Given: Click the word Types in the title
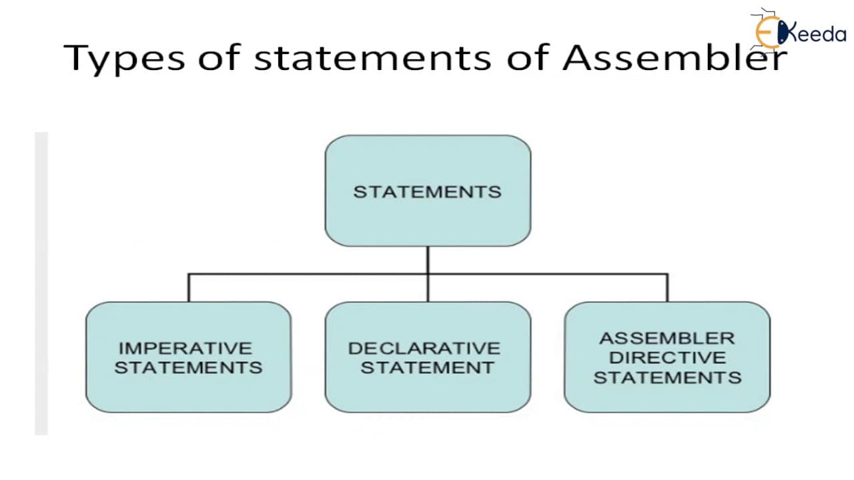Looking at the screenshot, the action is [x=124, y=58].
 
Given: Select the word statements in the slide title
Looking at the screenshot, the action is [x=372, y=58].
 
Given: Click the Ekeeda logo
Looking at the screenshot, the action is [x=799, y=31].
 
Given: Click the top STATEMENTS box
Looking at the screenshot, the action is [x=428, y=191].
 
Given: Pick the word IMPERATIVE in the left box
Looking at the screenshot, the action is [x=185, y=348].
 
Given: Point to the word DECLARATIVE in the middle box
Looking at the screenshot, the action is [x=424, y=348].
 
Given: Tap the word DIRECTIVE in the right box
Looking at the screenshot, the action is [x=668, y=358].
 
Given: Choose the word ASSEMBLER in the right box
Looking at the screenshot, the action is [x=667, y=338].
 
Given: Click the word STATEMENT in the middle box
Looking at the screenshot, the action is [x=428, y=367].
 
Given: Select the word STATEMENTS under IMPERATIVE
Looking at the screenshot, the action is [x=188, y=367].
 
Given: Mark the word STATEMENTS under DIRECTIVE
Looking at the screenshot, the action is [x=668, y=377].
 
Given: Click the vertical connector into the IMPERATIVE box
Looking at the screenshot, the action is [x=188, y=288].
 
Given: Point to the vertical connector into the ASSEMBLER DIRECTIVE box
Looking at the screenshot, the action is [x=667, y=288].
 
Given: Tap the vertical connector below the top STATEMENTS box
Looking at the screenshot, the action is [x=428, y=274].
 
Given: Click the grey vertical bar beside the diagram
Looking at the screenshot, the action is [x=41, y=283].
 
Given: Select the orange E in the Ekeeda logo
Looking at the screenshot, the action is [x=767, y=33].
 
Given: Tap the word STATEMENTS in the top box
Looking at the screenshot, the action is [x=428, y=191].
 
